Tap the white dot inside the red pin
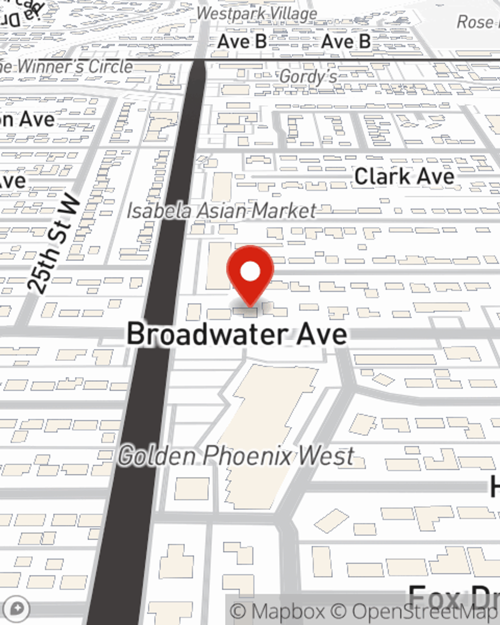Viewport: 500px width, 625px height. (x=250, y=272)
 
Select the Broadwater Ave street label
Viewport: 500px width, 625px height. (x=237, y=333)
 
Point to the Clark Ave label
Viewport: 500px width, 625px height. (x=404, y=176)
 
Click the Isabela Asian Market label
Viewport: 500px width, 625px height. (x=221, y=210)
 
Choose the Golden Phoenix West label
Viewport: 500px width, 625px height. (x=236, y=456)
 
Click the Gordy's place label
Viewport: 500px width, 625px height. (x=308, y=76)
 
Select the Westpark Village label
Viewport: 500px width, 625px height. (x=257, y=13)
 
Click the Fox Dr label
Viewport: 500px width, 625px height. (x=452, y=597)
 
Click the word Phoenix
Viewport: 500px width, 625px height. (x=248, y=456)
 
